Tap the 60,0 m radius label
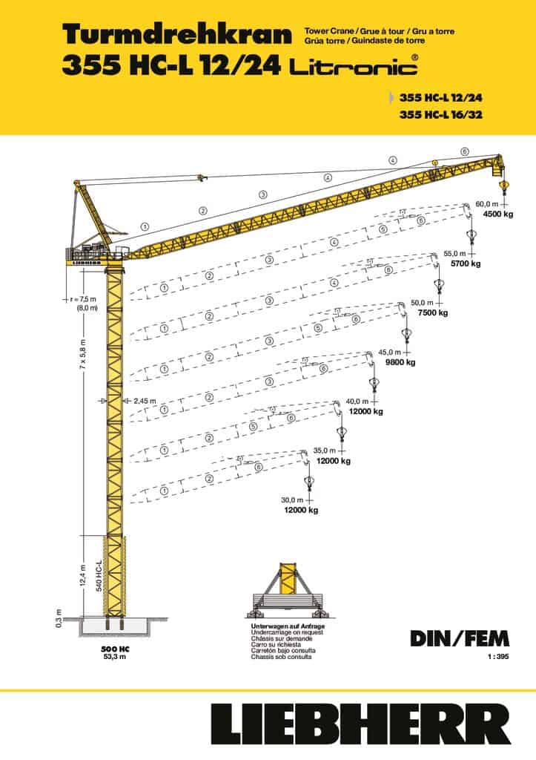(488, 203)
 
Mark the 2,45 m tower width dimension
(145, 401)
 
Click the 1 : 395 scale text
(488, 658)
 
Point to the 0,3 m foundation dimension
(59, 617)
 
